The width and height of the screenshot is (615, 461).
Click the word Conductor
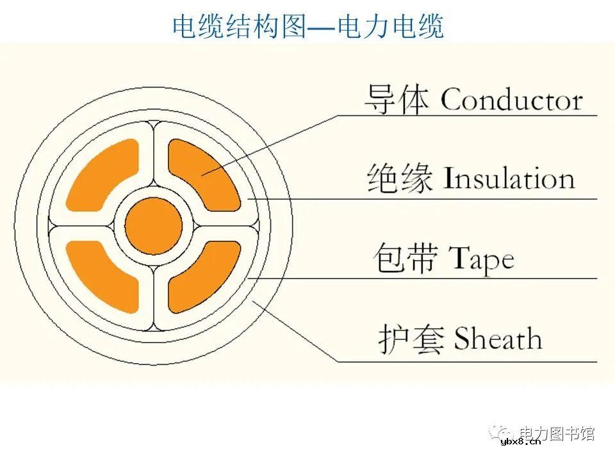click(x=511, y=101)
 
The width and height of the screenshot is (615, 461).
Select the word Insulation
click(x=509, y=179)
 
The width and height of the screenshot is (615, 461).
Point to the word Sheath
click(x=498, y=339)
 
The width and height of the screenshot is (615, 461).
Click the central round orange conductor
click(x=154, y=226)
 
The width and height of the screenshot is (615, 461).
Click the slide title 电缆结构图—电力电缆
click(x=308, y=26)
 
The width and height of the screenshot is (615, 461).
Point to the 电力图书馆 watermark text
click(x=557, y=433)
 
